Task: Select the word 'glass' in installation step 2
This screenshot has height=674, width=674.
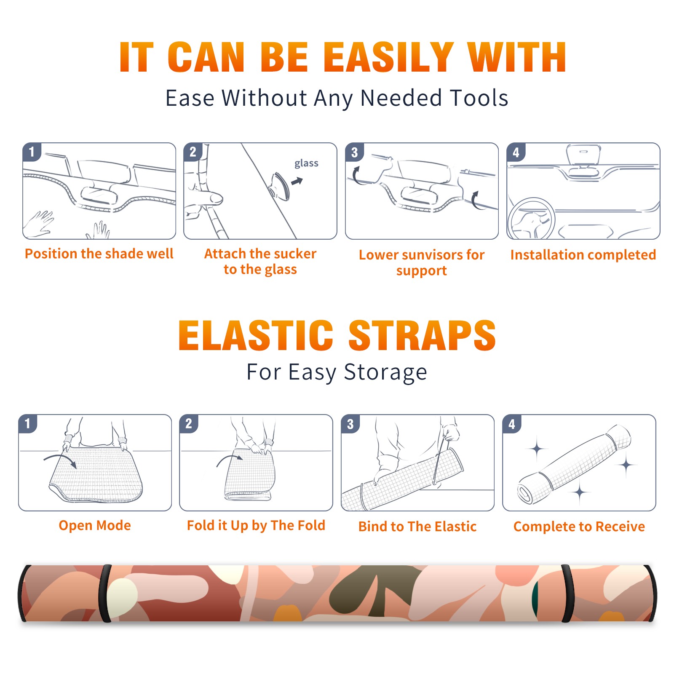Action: [306, 163]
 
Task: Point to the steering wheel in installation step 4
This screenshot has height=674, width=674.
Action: [531, 219]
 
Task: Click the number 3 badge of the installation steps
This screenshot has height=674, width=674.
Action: [354, 152]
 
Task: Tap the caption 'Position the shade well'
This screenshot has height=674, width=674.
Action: [99, 254]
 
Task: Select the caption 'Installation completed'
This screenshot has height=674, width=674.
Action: [583, 255]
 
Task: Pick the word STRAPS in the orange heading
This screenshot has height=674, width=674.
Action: [422, 335]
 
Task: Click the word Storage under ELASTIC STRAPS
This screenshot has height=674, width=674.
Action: [385, 372]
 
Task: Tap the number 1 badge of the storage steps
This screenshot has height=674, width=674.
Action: [28, 424]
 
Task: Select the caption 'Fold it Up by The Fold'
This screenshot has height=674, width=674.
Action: [256, 525]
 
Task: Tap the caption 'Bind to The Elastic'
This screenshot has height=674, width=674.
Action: [417, 527]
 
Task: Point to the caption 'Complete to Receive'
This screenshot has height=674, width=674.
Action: [579, 527]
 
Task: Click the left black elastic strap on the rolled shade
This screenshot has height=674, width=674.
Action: [104, 594]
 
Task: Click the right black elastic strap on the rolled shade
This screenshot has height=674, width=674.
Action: [568, 594]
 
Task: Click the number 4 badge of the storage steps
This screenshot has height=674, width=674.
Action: [512, 424]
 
